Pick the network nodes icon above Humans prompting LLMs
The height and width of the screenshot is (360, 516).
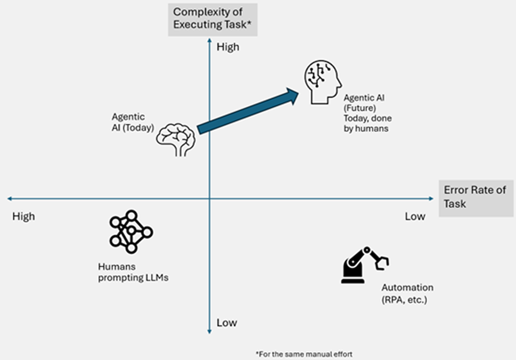click(131, 231)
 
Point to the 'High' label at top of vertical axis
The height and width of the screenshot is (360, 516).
click(227, 47)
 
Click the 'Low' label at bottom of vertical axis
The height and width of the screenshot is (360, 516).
click(226, 323)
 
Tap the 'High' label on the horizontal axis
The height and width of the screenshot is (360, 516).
click(24, 216)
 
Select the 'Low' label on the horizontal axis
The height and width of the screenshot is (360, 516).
click(415, 216)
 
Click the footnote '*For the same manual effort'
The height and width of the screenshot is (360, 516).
click(304, 354)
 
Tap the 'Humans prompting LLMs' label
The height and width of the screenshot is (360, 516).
click(133, 272)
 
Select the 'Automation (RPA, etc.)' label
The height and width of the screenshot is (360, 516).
click(407, 294)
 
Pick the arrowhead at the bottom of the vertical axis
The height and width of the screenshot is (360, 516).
click(209, 331)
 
